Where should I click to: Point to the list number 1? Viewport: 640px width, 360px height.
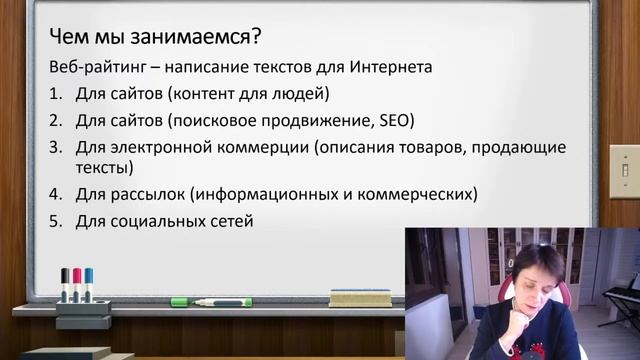click(56, 96)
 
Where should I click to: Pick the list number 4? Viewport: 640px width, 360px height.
click(56, 193)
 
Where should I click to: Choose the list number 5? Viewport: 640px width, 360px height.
click(56, 219)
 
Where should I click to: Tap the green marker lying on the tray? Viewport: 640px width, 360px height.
click(209, 301)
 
